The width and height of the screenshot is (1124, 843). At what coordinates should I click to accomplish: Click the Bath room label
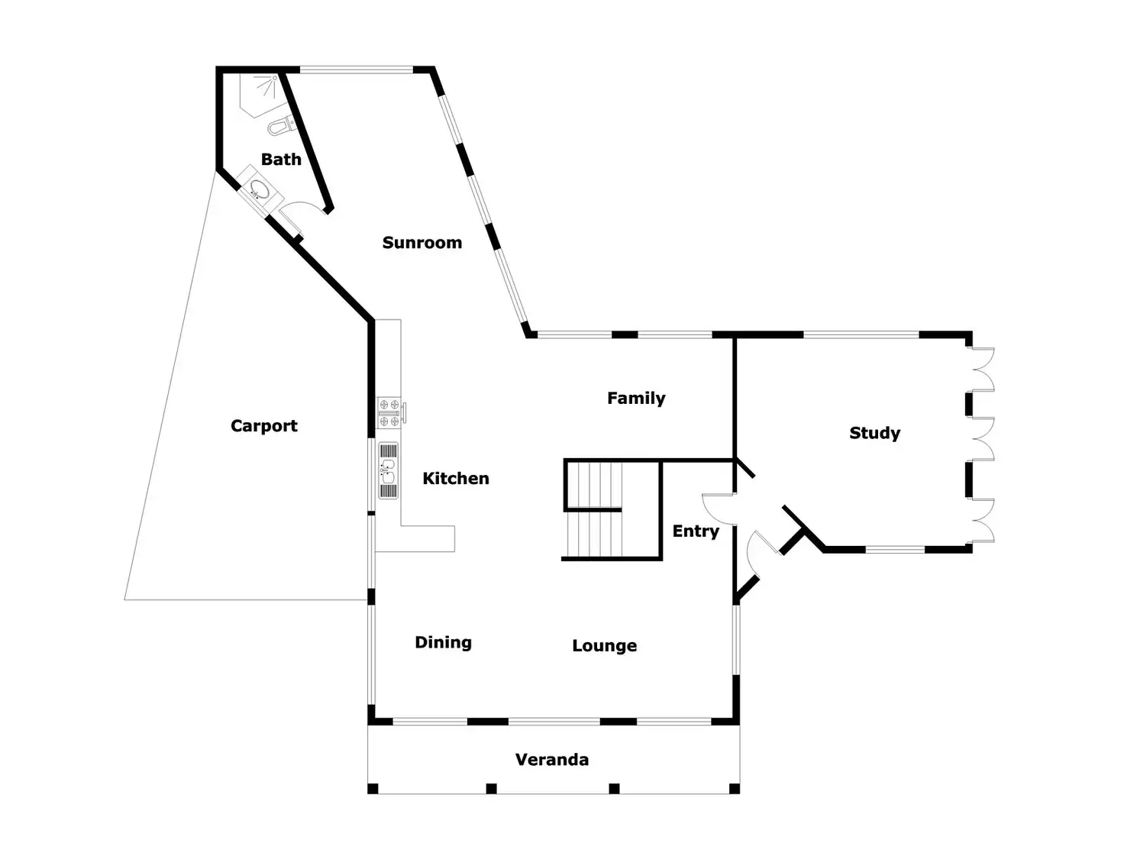coord(281,160)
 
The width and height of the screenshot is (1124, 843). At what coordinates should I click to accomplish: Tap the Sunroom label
coord(421,243)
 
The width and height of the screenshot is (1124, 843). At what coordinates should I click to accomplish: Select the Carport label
coord(264,426)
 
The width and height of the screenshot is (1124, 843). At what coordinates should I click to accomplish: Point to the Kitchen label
coord(456,479)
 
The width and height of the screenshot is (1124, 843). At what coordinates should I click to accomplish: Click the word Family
coord(636,399)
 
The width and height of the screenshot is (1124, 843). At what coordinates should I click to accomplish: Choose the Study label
coord(874,434)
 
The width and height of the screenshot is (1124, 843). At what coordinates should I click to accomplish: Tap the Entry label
coord(696,531)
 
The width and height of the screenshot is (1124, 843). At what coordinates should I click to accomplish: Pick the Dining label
coord(443,643)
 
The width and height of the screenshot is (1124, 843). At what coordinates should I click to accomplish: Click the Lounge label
coord(604,646)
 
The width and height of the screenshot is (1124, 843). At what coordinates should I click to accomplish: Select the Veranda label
coord(551,760)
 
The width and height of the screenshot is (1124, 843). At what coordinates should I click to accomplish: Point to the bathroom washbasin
coord(257,189)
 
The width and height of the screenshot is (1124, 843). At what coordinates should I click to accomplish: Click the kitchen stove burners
coord(389,412)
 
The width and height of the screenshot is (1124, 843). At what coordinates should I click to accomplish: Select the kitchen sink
coord(389,471)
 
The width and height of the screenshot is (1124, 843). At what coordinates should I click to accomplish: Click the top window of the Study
coord(861,334)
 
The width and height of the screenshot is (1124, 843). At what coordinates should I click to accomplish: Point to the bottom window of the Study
coord(894,549)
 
